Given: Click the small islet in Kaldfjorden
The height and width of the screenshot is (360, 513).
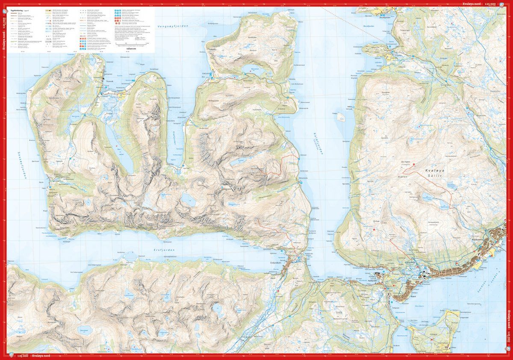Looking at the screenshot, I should pos(341,116).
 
